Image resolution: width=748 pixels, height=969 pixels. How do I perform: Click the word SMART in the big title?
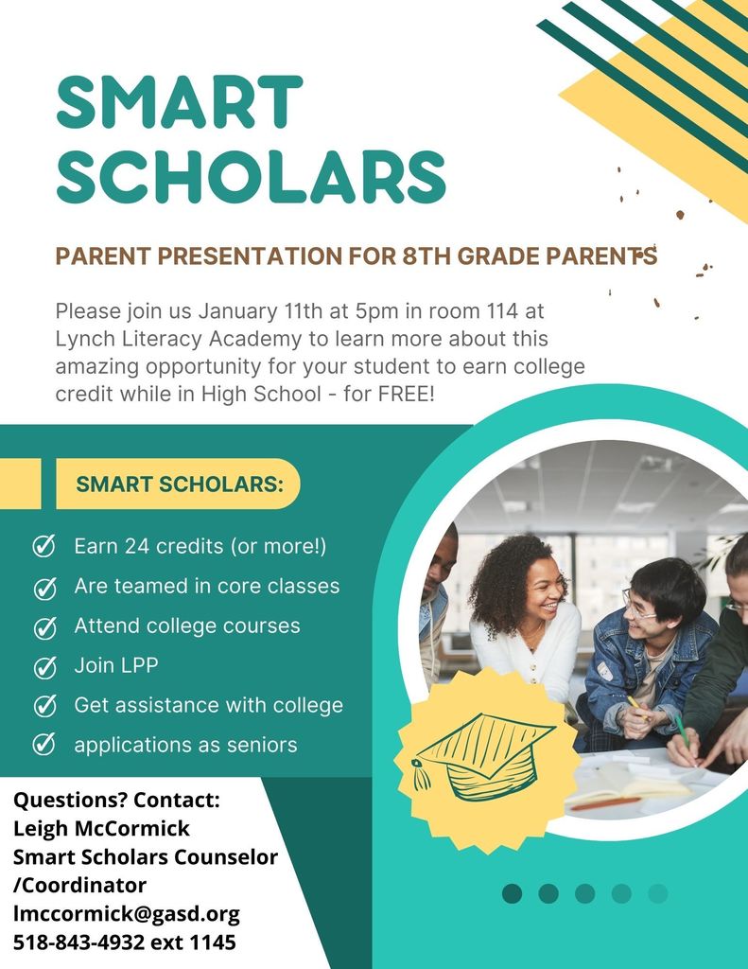pyautogui.click(x=179, y=102)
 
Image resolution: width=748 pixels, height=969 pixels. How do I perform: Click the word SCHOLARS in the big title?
pyautogui.click(x=251, y=177)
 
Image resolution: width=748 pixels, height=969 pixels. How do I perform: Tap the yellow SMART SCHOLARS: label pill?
pyautogui.click(x=179, y=484)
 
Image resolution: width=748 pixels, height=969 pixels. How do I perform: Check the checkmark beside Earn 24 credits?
pyautogui.click(x=44, y=546)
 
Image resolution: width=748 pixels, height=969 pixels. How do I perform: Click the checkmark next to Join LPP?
pyautogui.click(x=44, y=666)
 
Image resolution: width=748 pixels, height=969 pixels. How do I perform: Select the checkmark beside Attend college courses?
pyautogui.click(x=44, y=626)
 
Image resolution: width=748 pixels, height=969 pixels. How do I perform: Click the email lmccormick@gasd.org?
pyautogui.click(x=126, y=914)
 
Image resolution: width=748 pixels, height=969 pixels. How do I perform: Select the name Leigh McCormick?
pyautogui.click(x=101, y=829)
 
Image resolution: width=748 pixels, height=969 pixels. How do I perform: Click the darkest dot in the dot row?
pyautogui.click(x=512, y=893)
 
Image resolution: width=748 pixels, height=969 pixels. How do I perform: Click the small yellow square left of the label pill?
pyautogui.click(x=20, y=484)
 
